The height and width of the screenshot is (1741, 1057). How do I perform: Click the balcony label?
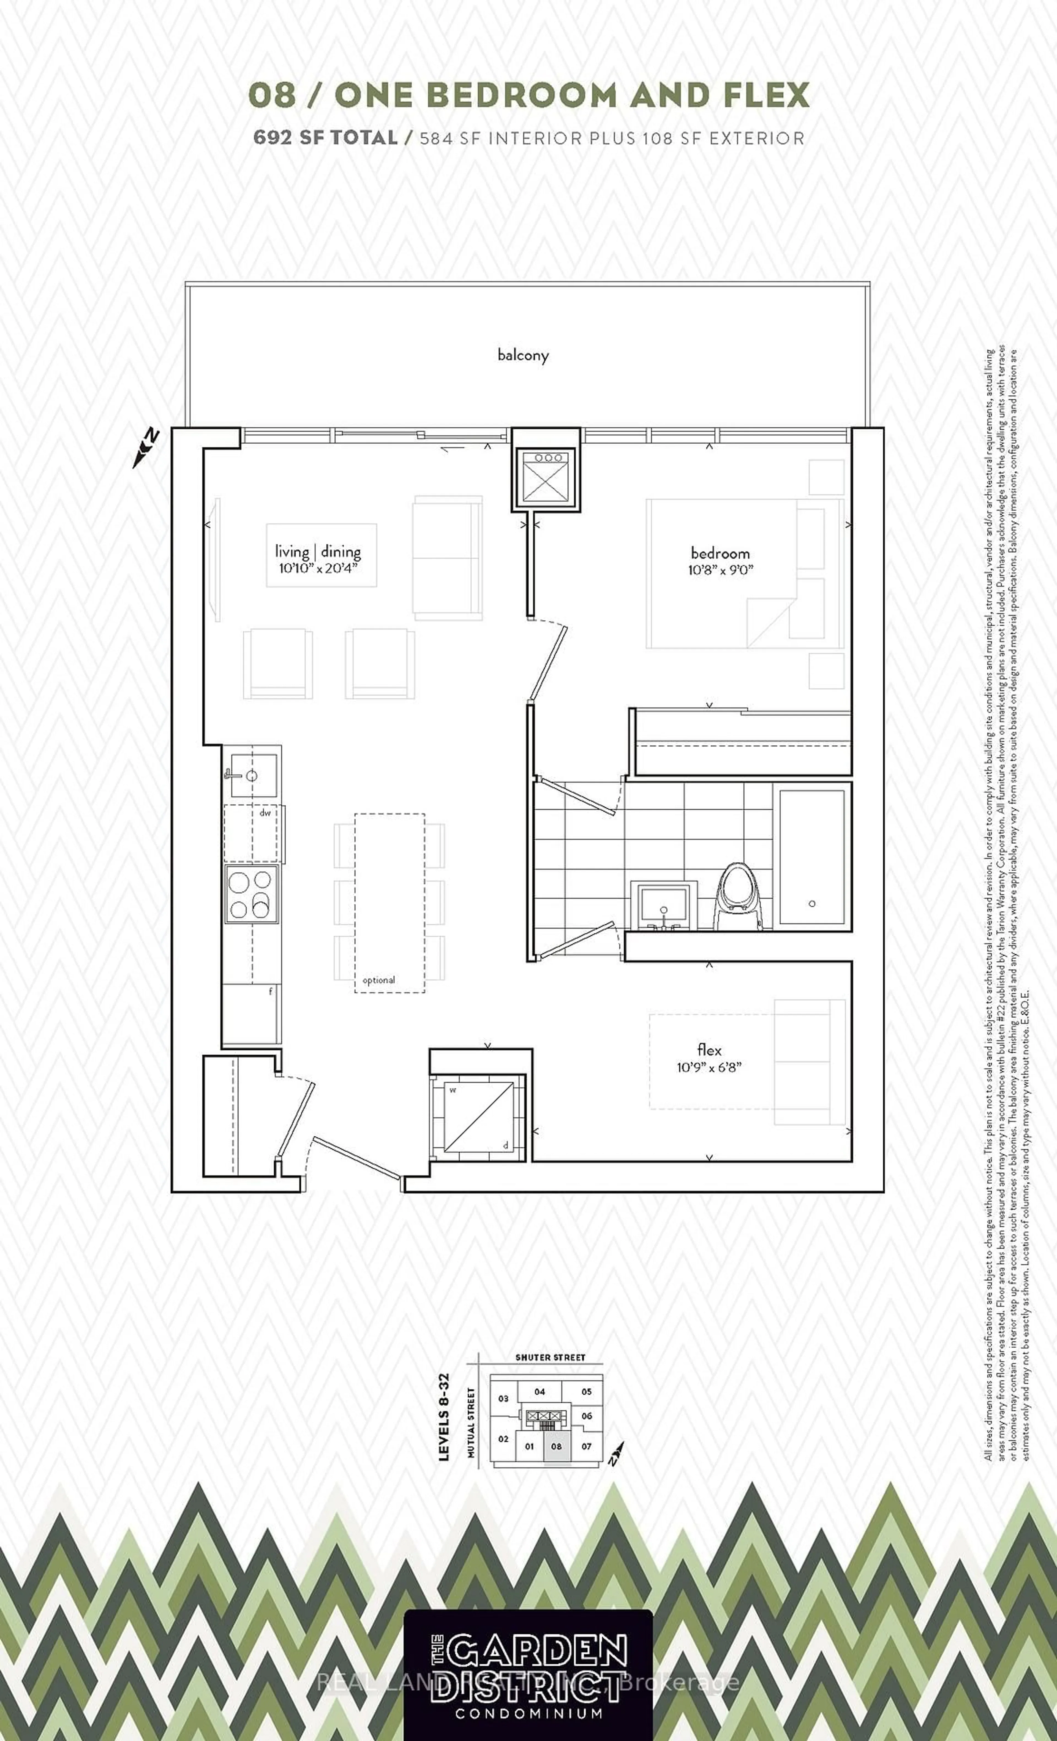point(523,355)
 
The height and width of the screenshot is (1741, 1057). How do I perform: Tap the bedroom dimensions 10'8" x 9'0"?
point(721,569)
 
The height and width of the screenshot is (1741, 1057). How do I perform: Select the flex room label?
point(709,1050)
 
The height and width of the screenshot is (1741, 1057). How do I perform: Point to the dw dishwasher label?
point(265,813)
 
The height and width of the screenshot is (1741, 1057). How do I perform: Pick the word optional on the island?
point(379,980)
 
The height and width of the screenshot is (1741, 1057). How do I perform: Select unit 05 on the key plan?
point(586,1391)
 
